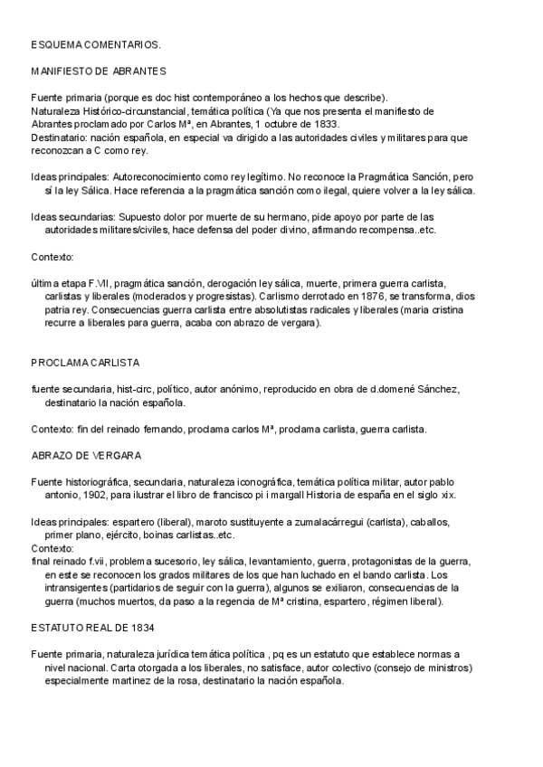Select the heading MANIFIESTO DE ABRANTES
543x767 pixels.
[97, 71]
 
